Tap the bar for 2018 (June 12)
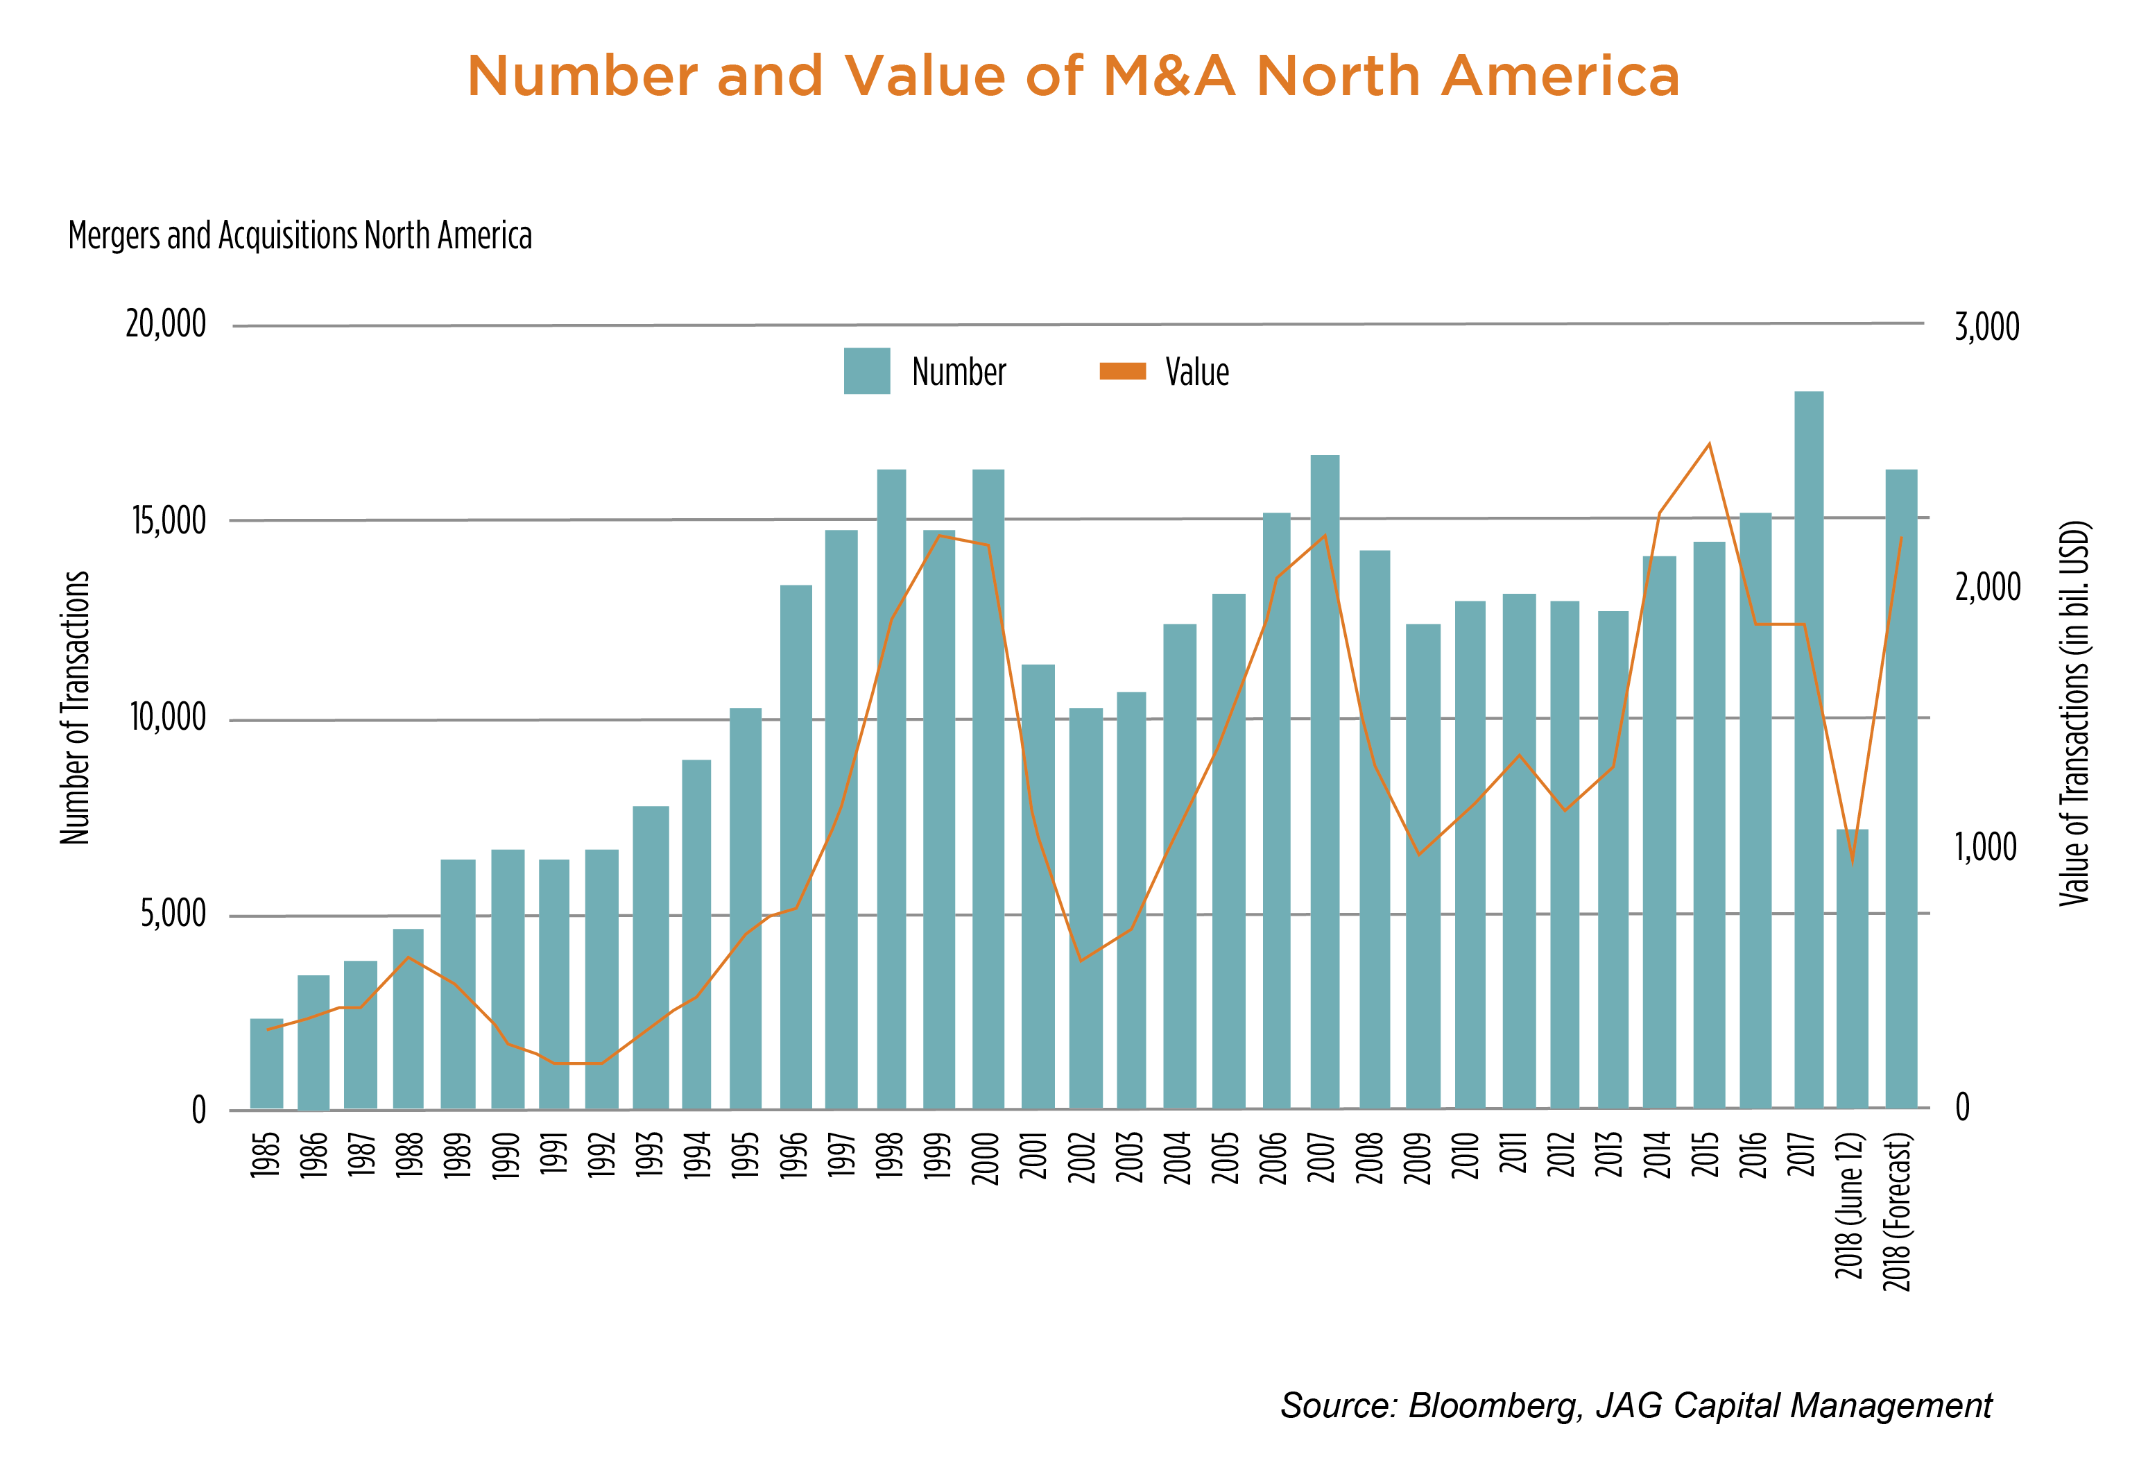coord(1852,969)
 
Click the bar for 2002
coord(1085,909)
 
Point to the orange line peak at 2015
coord(1709,445)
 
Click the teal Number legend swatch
coord(867,371)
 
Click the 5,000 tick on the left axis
coord(173,914)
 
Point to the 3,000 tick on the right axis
coord(1986,327)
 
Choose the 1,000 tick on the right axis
coord(1986,847)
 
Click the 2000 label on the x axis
coord(986,1157)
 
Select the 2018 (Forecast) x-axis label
coord(1898,1211)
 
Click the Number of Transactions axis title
coord(75,708)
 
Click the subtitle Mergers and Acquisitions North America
coord(300,236)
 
